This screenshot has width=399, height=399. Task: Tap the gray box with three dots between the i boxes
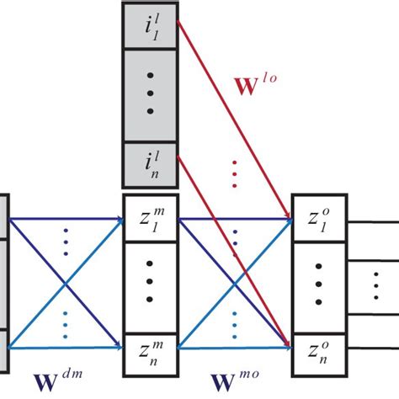pos(150,95)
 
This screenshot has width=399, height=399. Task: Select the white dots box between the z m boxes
pos(150,284)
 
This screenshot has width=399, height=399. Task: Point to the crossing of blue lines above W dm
pos(65,284)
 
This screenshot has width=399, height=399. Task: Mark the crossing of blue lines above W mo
pos(234,284)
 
